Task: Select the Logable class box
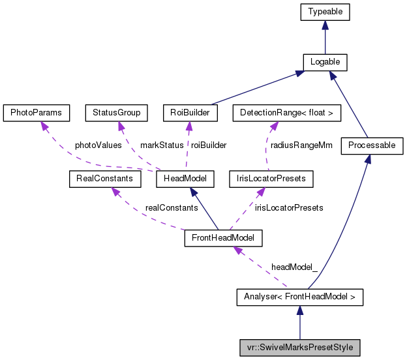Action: coord(325,62)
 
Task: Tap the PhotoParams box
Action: coord(36,113)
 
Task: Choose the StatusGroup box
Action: coord(117,113)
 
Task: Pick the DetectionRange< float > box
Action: coord(286,113)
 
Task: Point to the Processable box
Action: coord(372,145)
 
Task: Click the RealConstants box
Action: coord(100,178)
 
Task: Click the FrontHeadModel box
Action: coord(223,238)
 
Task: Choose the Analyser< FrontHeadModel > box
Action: coord(299,298)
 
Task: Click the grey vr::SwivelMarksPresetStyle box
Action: coord(299,348)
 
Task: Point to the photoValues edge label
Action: coord(98,145)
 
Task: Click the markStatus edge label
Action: coord(162,145)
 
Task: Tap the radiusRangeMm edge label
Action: coord(301,145)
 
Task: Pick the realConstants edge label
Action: coord(172,207)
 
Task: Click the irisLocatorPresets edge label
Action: coord(288,207)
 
